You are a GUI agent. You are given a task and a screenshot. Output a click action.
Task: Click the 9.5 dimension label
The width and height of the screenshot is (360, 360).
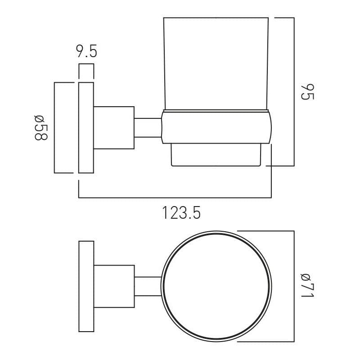(87, 51)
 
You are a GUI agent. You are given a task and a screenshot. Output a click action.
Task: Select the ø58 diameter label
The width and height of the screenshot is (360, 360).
(41, 127)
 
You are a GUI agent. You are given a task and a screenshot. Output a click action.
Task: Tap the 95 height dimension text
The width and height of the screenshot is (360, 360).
(307, 92)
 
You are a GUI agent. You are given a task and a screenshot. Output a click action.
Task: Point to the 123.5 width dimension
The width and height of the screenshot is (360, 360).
(181, 212)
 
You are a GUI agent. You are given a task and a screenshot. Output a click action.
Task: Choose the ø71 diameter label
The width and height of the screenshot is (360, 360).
(307, 286)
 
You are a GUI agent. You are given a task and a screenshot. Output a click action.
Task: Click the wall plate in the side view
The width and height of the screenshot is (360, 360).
(86, 128)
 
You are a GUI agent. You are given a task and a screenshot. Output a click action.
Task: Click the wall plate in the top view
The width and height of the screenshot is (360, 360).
(86, 286)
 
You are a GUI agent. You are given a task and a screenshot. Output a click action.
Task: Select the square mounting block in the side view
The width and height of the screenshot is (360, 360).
(114, 128)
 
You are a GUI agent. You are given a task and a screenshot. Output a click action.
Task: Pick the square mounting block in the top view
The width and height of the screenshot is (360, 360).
(114, 286)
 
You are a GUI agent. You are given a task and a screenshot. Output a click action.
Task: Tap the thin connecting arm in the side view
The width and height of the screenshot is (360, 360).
(148, 128)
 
